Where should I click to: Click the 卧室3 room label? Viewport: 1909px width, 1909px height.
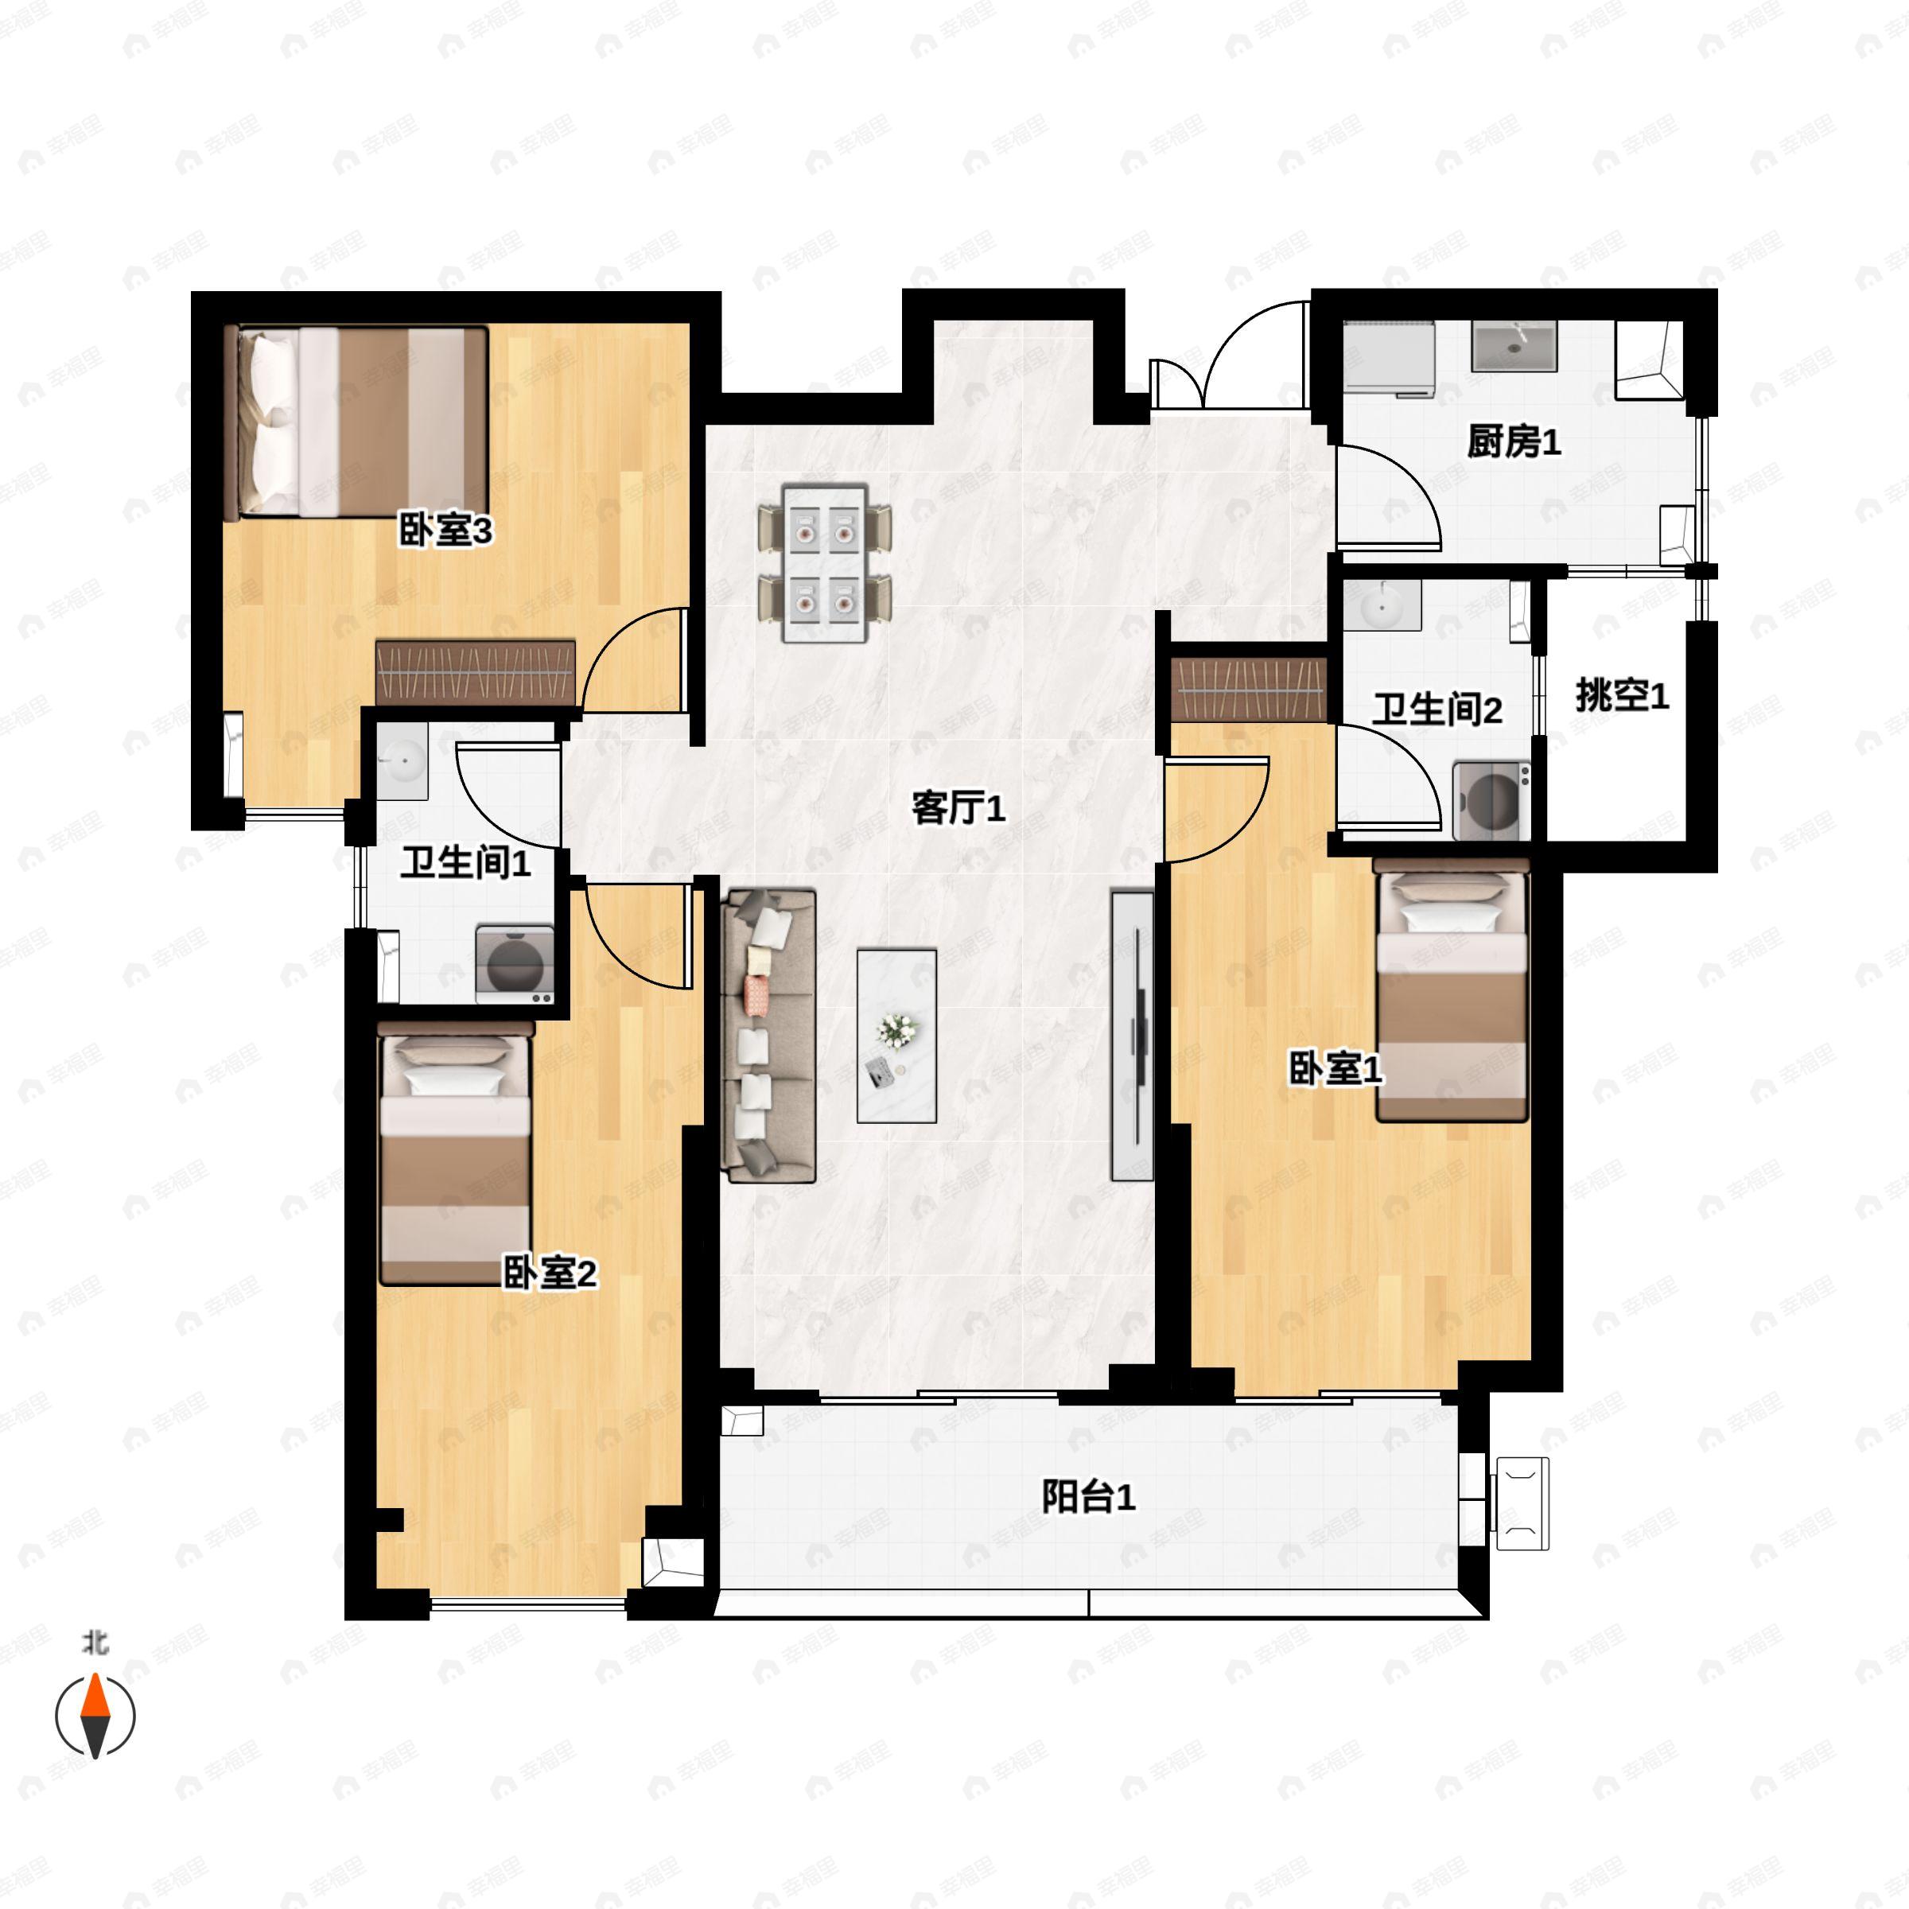click(x=445, y=531)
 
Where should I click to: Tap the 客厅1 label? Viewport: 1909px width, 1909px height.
click(x=958, y=808)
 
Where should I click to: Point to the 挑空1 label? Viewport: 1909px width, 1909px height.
click(x=1622, y=696)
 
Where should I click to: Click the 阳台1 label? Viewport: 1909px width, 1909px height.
click(x=1088, y=1497)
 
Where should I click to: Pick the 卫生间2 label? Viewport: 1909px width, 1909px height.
click(x=1437, y=709)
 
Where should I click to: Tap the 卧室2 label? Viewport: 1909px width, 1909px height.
click(x=550, y=1273)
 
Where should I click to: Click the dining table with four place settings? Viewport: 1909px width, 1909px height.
click(x=824, y=562)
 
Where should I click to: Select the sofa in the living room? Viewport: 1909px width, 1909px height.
click(x=771, y=1036)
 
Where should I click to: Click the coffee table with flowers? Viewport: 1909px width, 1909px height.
click(x=896, y=1036)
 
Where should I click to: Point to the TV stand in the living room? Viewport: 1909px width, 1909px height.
click(x=1133, y=1036)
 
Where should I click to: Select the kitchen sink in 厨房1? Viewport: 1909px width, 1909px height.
click(x=1514, y=346)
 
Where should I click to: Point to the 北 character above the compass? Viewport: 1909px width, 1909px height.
click(x=95, y=1643)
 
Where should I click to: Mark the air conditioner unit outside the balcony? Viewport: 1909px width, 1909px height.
click(x=1522, y=1503)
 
